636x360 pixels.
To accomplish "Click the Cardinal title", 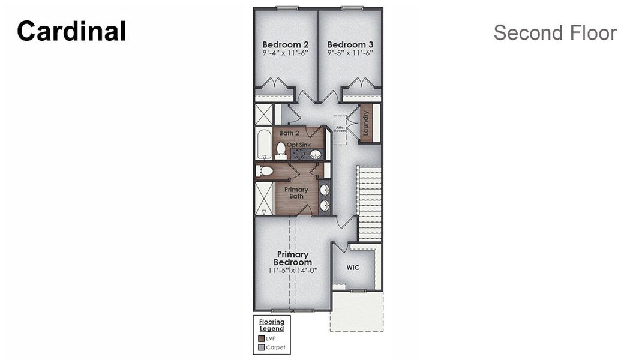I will coord(71,32).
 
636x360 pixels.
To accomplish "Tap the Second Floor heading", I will coord(554,33).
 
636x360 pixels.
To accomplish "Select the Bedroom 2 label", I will coord(286,44).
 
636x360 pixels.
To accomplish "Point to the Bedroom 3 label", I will coord(350,44).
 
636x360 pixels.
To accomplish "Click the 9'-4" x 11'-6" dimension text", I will coord(286,53).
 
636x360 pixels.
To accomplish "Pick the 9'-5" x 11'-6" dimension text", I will coord(350,53).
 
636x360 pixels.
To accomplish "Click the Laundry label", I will coord(365,123).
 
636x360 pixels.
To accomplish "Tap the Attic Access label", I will coord(340,128).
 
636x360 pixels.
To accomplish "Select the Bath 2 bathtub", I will coord(264,143).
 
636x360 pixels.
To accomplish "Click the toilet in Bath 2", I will coord(281,148).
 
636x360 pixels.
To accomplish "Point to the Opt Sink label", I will coord(299,145).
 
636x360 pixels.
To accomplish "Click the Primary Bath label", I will coord(296,193).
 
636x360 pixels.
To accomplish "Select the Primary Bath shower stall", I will coord(264,199).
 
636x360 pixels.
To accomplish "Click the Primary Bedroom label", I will coord(293,259).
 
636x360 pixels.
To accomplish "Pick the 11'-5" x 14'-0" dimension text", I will coord(293,270).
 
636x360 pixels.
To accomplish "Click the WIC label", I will coord(353,267).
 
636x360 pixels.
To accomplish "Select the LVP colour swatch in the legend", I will coord(261,338).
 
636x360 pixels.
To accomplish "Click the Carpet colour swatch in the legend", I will coord(261,347).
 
